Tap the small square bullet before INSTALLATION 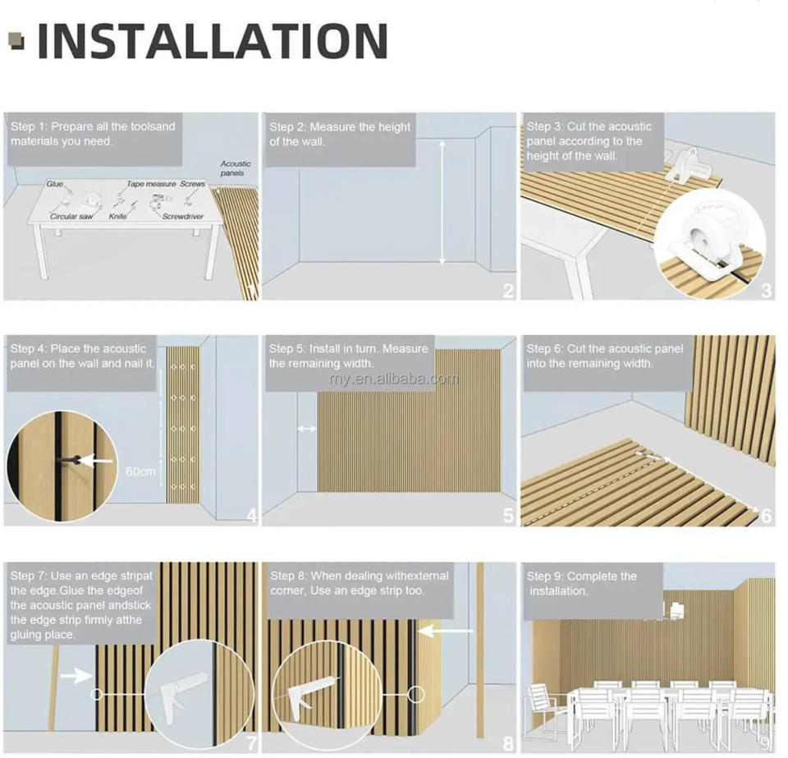(x=17, y=41)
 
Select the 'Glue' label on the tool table (x=55, y=184)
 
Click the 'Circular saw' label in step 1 (x=71, y=216)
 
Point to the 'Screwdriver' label (x=183, y=216)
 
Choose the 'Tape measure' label (x=151, y=184)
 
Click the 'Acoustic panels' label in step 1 (x=236, y=168)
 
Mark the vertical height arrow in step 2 (x=442, y=202)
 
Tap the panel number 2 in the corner (x=509, y=291)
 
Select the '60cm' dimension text (x=140, y=471)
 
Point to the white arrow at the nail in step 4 (x=97, y=460)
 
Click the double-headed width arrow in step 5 (x=307, y=429)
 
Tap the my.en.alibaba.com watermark (x=395, y=379)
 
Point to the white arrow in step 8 (x=446, y=631)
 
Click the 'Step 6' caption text (x=605, y=356)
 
